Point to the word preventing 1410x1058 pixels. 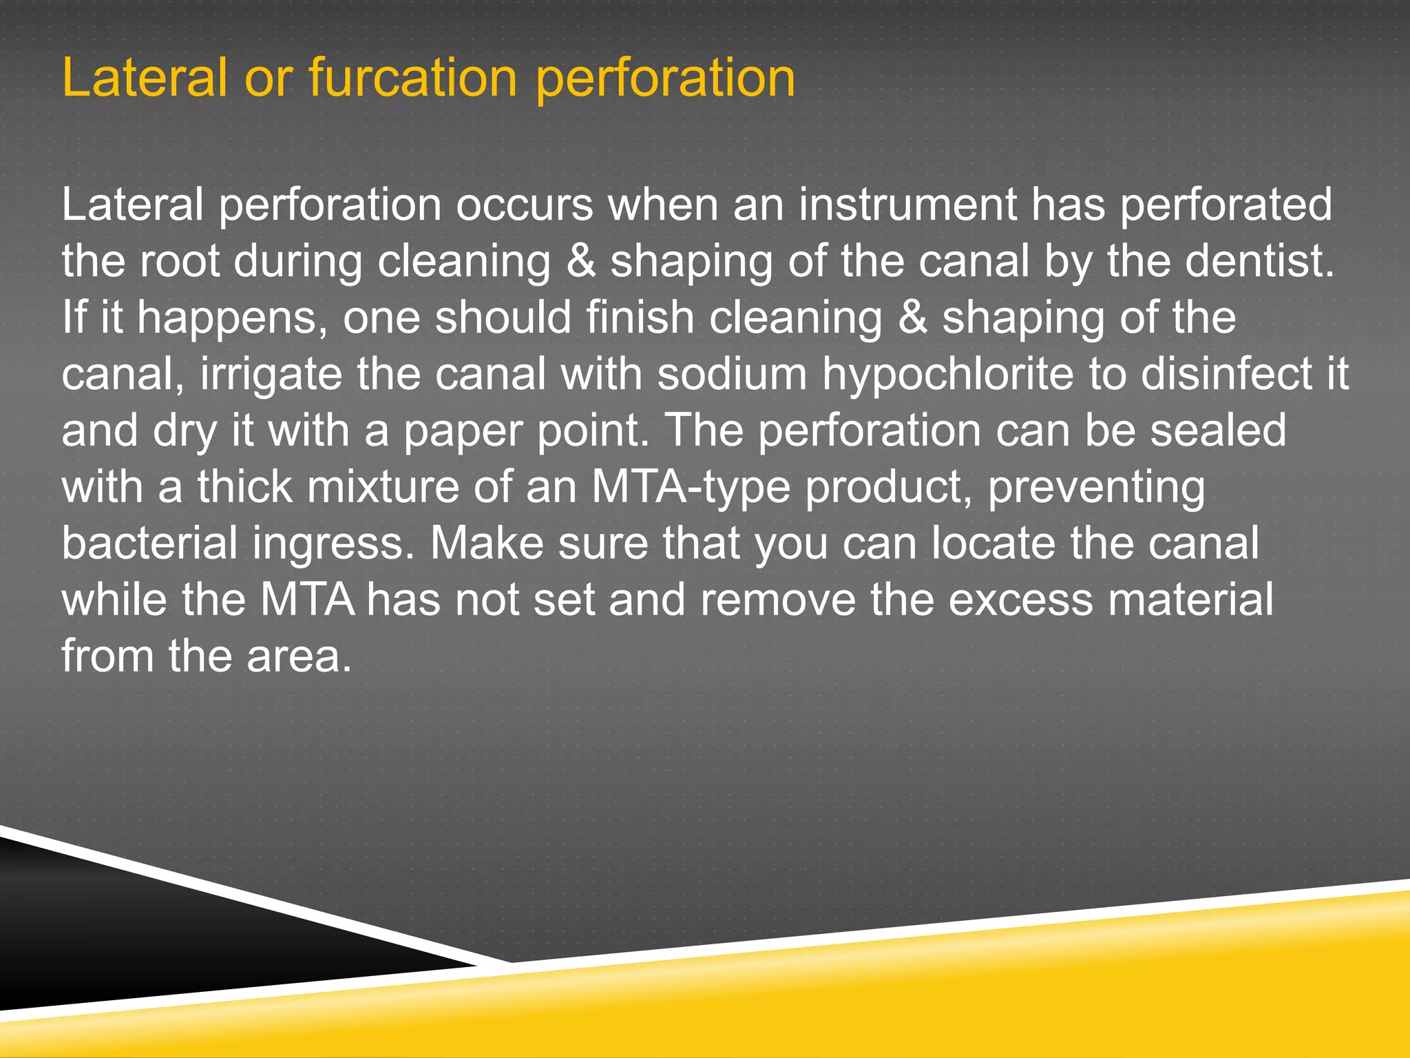point(1096,488)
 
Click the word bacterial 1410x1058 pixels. point(149,543)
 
